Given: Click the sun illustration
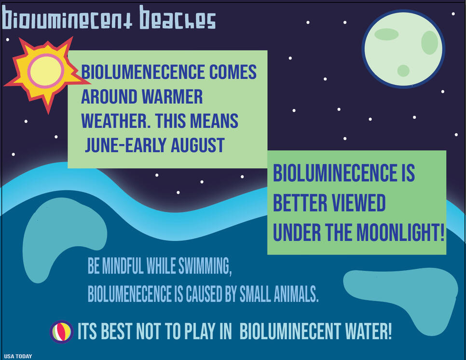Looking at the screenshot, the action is (44, 73).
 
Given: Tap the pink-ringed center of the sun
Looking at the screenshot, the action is (46, 71).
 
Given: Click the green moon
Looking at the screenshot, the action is (403, 49).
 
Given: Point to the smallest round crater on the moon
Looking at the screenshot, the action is (403, 70).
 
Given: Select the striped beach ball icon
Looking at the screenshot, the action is (62, 332).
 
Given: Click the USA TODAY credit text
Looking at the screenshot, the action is (18, 356).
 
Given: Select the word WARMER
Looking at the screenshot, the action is (172, 97).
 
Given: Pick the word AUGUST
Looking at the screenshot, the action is (197, 145).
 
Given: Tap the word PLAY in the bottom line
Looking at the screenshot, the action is (200, 331).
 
